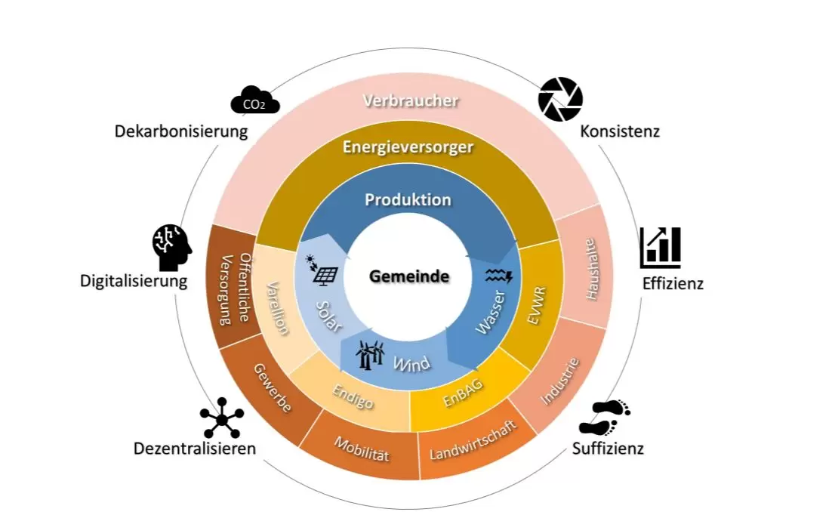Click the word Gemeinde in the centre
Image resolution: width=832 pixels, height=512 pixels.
coord(409,276)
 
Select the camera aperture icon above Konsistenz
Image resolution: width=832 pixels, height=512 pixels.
coord(560,99)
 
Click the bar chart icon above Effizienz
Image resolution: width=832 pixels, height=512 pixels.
coord(660,247)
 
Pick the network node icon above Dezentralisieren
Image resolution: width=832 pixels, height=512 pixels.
coord(222,417)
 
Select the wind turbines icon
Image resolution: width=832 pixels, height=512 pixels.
coord(370,353)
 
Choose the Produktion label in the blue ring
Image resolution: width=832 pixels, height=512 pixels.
coord(408,200)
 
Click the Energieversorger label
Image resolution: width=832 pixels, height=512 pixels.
coord(408,147)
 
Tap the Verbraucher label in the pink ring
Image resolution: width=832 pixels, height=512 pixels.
coord(411,100)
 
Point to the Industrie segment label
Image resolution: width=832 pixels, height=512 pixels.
coord(560,381)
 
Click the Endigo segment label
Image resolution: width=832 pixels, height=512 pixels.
coord(353,396)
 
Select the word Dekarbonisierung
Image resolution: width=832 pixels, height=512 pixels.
coord(181,131)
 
